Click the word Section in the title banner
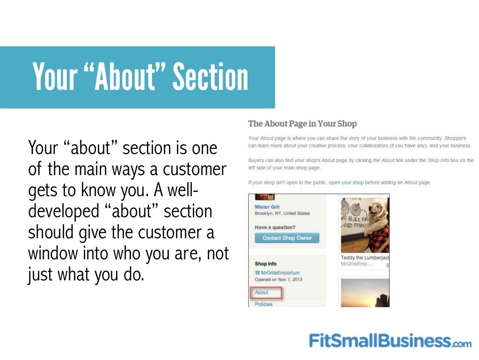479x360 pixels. [210, 77]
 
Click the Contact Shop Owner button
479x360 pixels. [287, 238]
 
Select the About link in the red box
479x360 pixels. [261, 293]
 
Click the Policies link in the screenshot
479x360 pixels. [263, 304]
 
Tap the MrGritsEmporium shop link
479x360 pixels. [280, 272]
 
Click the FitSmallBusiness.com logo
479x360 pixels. [390, 340]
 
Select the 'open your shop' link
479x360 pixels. [346, 182]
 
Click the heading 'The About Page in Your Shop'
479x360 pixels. [302, 124]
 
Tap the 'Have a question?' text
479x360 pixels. [276, 227]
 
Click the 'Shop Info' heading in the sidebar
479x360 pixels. [266, 264]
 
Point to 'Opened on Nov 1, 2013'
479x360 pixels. [278, 279]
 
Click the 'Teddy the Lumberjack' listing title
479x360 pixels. [365, 258]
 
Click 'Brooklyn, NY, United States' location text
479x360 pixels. [282, 213]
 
